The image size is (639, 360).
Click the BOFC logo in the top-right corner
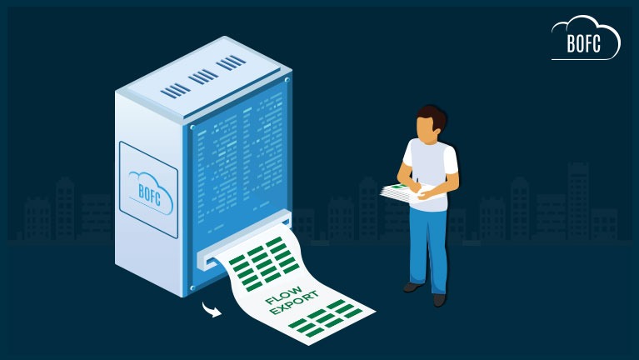click(x=586, y=37)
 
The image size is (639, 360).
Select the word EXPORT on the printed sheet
click(x=293, y=303)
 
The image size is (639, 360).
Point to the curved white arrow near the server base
click(x=212, y=309)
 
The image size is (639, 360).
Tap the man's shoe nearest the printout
click(x=413, y=287)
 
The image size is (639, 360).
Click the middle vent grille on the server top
click(x=203, y=77)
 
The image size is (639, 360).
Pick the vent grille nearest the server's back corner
click(x=231, y=62)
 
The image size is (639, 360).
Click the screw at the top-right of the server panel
click(x=287, y=80)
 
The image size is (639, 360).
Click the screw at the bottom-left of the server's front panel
click(x=192, y=287)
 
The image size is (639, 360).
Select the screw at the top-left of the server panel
click(x=192, y=127)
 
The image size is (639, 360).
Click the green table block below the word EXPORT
click(x=326, y=319)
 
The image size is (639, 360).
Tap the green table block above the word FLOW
click(x=264, y=263)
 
